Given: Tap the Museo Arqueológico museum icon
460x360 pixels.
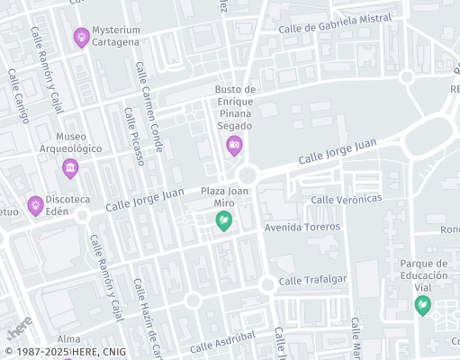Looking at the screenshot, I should point(70,168).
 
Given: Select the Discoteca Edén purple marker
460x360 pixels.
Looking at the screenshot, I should point(35,206).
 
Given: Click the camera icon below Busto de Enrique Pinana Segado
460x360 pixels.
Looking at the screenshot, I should point(234,144).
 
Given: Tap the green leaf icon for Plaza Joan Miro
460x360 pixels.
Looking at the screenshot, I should point(224,221).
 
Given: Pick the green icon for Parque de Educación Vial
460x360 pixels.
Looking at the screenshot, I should point(421,306).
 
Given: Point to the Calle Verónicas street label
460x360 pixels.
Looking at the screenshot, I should point(347,199).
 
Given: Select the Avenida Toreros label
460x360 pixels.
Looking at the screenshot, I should point(302,227).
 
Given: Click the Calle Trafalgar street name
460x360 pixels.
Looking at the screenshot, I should point(312,280).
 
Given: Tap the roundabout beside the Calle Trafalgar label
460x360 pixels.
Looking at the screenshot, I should point(266,284).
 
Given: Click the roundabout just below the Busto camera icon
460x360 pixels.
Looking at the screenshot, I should point(247,174).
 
